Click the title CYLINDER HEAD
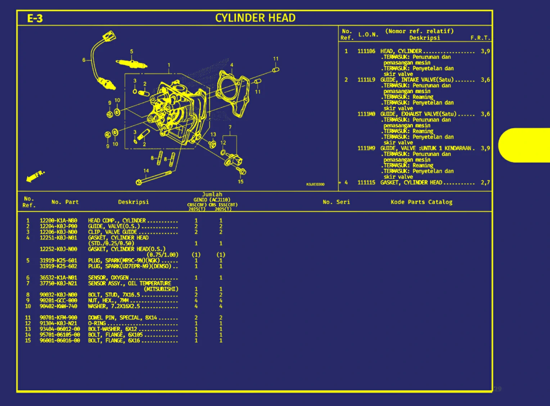tap(255, 18)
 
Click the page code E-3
tap(35, 18)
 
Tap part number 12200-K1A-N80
tap(58, 220)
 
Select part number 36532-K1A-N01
tap(58, 278)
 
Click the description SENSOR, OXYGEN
tap(108, 278)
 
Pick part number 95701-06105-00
tap(60, 335)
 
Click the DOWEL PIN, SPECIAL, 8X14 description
tap(122, 318)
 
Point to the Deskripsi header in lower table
tap(133, 202)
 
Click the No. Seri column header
tap(336, 202)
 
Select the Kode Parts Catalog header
tap(421, 202)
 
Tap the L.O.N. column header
tap(368, 35)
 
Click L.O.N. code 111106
tap(366, 51)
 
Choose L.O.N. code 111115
tap(366, 183)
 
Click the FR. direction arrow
tap(35, 176)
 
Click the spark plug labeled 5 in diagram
tap(131, 64)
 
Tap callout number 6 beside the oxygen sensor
tap(84, 60)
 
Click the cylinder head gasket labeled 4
tap(234, 93)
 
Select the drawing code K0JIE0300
tap(315, 184)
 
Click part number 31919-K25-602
tap(58, 266)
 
